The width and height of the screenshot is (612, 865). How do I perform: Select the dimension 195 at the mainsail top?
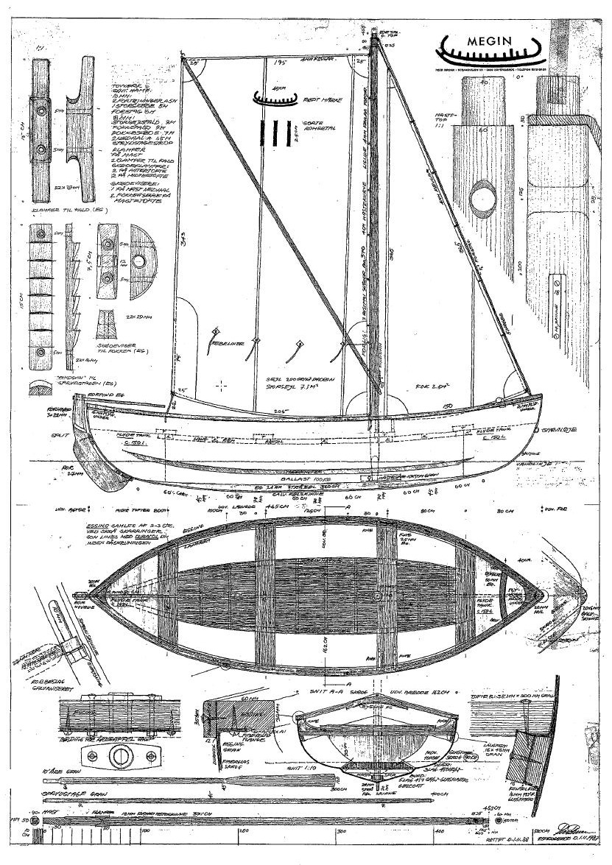[278, 64]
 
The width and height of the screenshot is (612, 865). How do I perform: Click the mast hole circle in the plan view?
[377, 593]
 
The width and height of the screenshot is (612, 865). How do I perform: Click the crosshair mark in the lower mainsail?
[221, 384]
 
